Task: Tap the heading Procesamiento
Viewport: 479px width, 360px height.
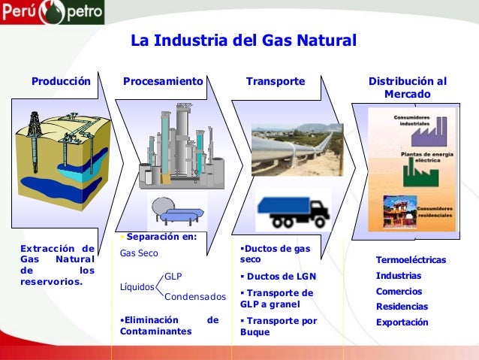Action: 164,80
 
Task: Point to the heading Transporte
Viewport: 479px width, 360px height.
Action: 275,80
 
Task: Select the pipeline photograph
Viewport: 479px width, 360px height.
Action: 297,150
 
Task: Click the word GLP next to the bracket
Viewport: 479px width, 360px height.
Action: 173,276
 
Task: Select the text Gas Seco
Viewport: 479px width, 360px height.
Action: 140,253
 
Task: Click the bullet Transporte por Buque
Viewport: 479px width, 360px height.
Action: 277,327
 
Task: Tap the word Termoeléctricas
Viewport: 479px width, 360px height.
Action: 411,260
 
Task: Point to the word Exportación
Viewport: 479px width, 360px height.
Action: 402,322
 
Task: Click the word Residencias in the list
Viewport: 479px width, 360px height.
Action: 402,307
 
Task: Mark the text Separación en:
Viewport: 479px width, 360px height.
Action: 158,237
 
